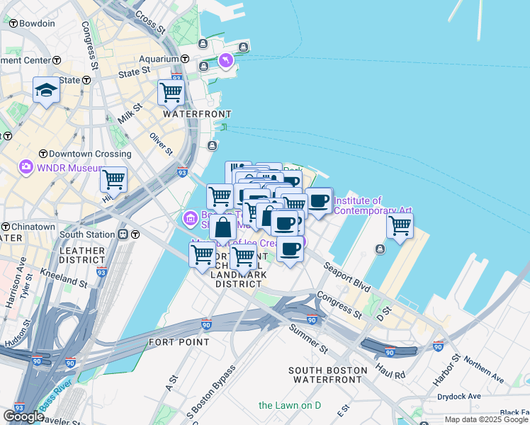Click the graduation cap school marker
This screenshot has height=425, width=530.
[46, 91]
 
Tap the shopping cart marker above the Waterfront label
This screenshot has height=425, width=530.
[171, 91]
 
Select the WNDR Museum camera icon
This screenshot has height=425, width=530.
[27, 167]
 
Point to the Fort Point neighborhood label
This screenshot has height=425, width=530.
[179, 341]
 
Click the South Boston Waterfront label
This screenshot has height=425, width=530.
[327, 375]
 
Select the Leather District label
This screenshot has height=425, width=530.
[82, 256]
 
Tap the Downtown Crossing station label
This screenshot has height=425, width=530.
[85, 154]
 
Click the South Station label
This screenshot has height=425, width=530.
[87, 234]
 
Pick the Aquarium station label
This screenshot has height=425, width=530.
[159, 59]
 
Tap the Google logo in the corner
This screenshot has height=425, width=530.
[23, 416]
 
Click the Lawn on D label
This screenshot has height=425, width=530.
[290, 405]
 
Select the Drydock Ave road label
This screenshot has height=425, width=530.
[459, 396]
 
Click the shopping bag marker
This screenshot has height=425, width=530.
[223, 227]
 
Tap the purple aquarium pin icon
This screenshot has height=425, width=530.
[226, 62]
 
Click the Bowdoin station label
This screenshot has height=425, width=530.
[37, 23]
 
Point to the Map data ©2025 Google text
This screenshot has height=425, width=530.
[486, 419]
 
